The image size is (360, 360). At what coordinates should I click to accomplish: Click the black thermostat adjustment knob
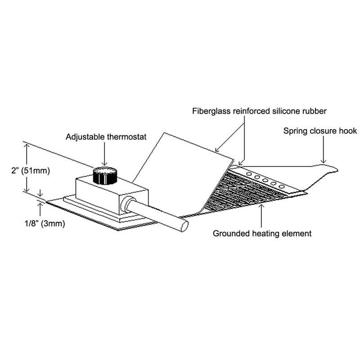(x=104, y=176)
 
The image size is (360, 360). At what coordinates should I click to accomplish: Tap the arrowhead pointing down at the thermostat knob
(x=104, y=164)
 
